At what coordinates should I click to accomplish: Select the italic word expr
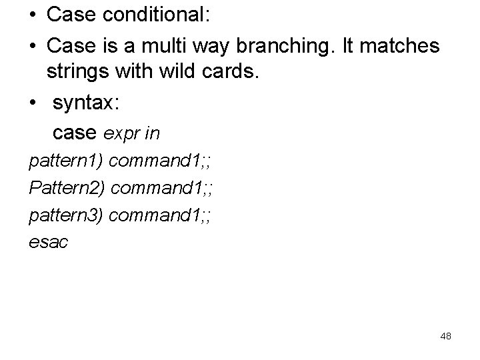click(x=121, y=134)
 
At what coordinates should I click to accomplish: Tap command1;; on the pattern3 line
click(x=160, y=216)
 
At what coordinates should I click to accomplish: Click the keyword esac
click(x=49, y=243)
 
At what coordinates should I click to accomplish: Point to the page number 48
click(x=446, y=336)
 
